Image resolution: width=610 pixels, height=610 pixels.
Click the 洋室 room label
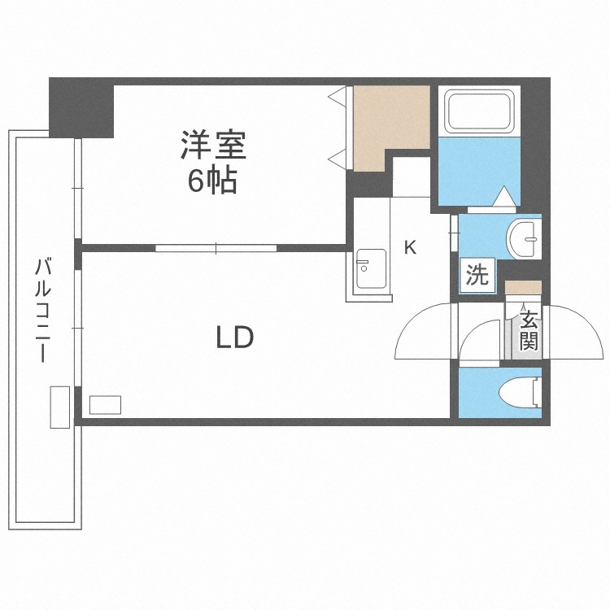pyautogui.click(x=213, y=146)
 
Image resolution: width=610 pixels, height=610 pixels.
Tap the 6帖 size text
pyautogui.click(x=212, y=181)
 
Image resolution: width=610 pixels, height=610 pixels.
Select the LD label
pyautogui.click(x=235, y=337)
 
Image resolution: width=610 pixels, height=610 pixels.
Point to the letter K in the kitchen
pyautogui.click(x=411, y=248)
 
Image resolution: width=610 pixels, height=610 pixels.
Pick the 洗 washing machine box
pyautogui.click(x=477, y=275)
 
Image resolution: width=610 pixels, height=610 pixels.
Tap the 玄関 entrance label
pyautogui.click(x=529, y=329)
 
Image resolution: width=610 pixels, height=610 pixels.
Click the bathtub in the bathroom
pyautogui.click(x=480, y=113)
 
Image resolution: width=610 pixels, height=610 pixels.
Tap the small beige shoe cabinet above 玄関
pyautogui.click(x=523, y=286)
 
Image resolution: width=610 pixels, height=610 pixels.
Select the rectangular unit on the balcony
pyautogui.click(x=59, y=407)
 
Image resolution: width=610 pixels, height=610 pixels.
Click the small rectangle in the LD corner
pyautogui.click(x=105, y=405)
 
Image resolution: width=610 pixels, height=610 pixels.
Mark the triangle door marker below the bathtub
pyautogui.click(x=503, y=198)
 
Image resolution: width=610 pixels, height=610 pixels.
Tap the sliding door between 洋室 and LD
pyautogui.click(x=216, y=248)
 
